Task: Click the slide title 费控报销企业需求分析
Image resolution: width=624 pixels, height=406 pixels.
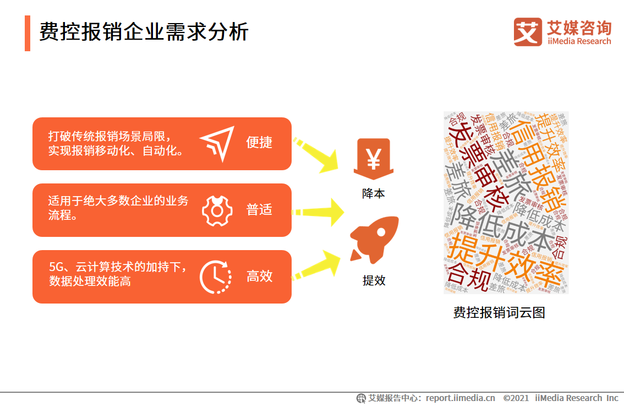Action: tap(144, 33)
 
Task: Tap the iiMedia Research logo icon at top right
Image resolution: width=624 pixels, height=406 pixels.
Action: tap(528, 32)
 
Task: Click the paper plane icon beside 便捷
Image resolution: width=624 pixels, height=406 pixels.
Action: tap(217, 144)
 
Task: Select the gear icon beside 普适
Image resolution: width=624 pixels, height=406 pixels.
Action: tap(217, 210)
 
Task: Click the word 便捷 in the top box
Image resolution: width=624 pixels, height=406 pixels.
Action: tap(259, 143)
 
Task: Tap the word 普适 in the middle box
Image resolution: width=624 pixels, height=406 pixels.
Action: tap(259, 210)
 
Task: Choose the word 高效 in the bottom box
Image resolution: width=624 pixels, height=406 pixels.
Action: tap(259, 277)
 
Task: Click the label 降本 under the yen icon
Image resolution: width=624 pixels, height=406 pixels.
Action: tap(374, 193)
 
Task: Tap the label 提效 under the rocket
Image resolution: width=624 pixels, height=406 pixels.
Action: tap(374, 280)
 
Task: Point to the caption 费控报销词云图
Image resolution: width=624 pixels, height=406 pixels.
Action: tap(499, 313)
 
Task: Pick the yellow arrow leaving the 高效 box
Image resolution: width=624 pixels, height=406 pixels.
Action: tap(318, 265)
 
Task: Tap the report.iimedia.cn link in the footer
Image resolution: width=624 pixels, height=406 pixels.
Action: tap(460, 398)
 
